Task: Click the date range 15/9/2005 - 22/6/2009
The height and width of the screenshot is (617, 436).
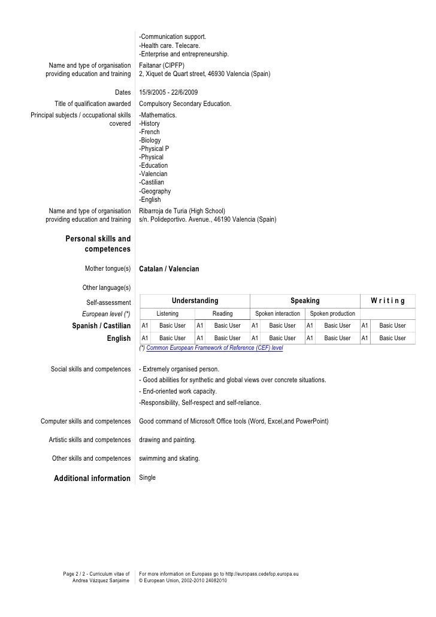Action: pyautogui.click(x=168, y=92)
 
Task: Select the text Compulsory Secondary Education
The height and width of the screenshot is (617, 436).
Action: pyautogui.click(x=185, y=104)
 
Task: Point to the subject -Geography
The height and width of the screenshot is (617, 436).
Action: pyautogui.click(x=155, y=191)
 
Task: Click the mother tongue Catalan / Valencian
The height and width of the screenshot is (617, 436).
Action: pyautogui.click(x=169, y=270)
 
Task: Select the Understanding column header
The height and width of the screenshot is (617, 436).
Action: pyautogui.click(x=195, y=301)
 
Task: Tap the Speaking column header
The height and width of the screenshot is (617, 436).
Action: pyautogui.click(x=305, y=301)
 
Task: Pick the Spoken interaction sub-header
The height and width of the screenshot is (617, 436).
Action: pyautogui.click(x=277, y=313)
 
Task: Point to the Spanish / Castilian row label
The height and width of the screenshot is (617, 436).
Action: pyautogui.click(x=101, y=326)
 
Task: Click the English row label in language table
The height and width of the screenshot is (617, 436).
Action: pyautogui.click(x=119, y=338)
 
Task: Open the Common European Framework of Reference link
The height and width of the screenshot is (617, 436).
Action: pyautogui.click(x=214, y=347)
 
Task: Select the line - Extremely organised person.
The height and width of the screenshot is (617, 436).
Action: pyautogui.click(x=179, y=368)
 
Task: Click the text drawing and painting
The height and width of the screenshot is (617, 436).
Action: pyautogui.click(x=167, y=440)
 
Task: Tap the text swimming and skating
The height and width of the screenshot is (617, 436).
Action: pyautogui.click(x=169, y=459)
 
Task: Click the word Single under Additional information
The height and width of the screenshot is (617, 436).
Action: pyautogui.click(x=147, y=477)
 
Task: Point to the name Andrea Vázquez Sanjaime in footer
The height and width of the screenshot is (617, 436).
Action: pyautogui.click(x=101, y=581)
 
